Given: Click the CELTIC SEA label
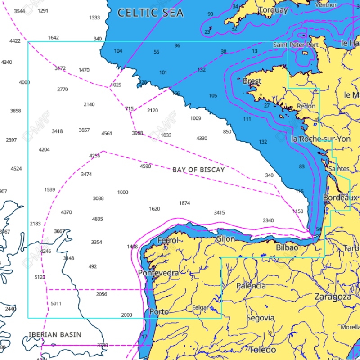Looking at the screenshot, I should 150,13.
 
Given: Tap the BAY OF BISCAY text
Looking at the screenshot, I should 198,170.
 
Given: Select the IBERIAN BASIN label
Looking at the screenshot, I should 55,334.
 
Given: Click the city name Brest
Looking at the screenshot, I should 252,81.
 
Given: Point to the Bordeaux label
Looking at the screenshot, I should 341,198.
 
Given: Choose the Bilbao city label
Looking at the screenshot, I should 287,247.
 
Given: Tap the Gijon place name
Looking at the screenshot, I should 225,239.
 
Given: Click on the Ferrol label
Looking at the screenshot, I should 167,240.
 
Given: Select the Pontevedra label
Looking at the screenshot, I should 158,273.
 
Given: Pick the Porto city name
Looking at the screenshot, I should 159,311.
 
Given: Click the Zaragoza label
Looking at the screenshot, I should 333,297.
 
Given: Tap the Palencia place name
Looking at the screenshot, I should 251,285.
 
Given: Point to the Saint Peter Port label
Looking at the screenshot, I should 296,45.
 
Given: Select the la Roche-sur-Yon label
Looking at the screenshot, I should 321,139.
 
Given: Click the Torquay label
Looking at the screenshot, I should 273,9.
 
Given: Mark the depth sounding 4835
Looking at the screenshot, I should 97,219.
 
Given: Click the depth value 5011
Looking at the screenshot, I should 56,303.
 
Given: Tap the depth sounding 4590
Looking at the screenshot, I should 145,166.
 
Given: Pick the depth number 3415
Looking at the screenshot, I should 219,212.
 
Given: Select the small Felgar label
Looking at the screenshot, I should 200,308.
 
